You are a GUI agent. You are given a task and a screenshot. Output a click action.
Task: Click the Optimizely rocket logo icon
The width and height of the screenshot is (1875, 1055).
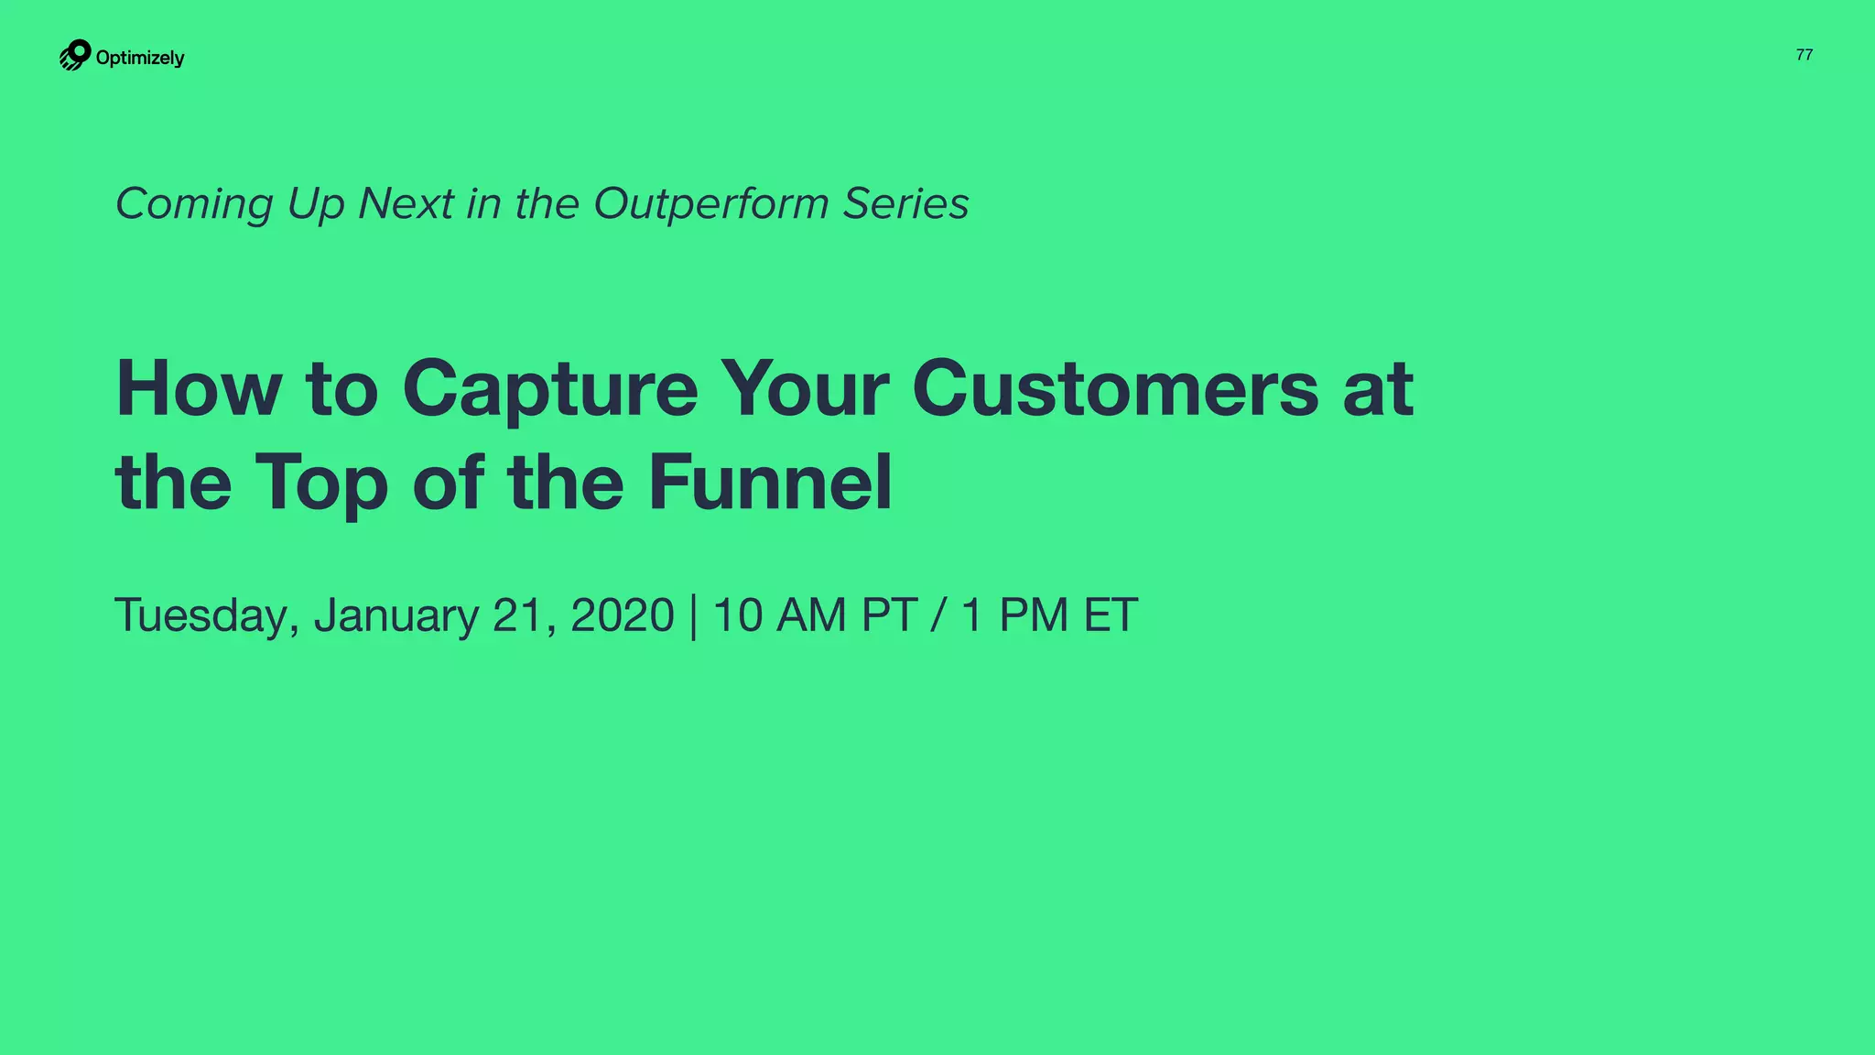pos(75,55)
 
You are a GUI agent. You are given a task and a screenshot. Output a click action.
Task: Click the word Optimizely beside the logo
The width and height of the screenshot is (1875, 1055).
pos(140,58)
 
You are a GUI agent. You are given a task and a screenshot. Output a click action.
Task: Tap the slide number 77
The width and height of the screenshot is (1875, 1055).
pos(1804,55)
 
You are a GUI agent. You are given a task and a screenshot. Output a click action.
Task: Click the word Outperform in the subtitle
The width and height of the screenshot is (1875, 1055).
pos(710,203)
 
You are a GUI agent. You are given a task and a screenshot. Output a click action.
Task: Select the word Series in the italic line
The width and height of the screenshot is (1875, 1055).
pos(905,203)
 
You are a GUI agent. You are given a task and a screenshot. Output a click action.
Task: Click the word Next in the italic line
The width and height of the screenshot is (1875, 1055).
pos(406,203)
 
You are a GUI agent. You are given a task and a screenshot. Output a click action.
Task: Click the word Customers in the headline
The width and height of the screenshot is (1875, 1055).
pos(1115,388)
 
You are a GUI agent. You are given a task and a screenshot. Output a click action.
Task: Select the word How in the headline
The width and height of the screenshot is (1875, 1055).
pos(199,388)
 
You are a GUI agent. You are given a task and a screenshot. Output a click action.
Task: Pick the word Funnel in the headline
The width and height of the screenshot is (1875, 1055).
pos(770,482)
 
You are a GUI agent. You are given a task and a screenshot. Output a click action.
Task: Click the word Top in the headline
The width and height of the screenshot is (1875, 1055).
pos(320,484)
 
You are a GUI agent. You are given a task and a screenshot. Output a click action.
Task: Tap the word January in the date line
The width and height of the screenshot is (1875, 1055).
pos(396,615)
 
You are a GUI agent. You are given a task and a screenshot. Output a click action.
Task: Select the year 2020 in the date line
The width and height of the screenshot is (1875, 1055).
pos(622,615)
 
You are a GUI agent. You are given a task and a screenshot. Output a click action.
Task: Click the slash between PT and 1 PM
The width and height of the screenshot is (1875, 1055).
pos(937,615)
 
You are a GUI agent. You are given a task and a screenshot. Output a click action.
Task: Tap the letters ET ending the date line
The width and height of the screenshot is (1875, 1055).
pos(1110,615)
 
